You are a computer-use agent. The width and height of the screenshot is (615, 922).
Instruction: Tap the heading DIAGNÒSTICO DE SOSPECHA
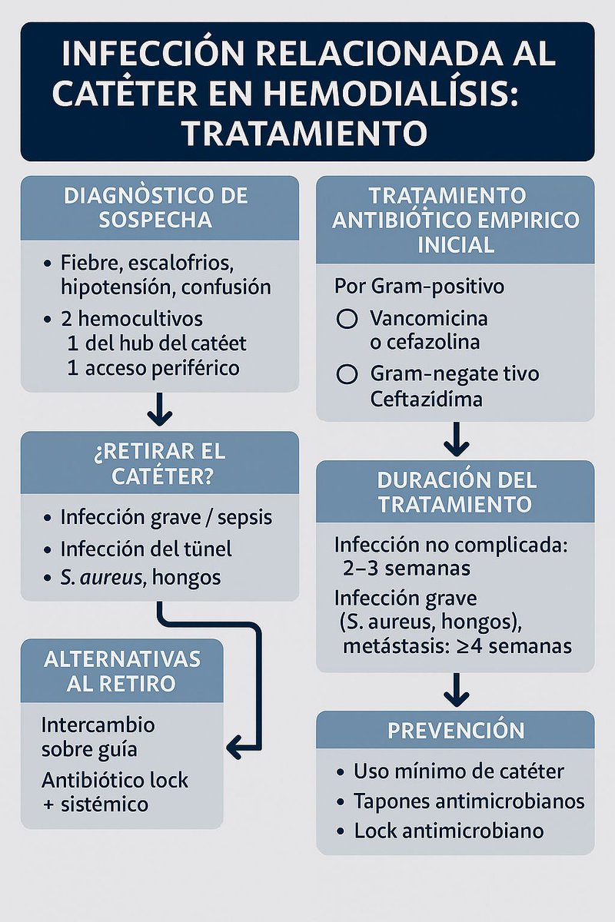pos(160,207)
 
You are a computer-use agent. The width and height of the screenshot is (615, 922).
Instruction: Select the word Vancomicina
pos(428,317)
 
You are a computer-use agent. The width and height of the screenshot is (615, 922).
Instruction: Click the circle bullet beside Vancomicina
pos(347,318)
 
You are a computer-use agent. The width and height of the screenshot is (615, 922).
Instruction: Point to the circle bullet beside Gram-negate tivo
pos(347,374)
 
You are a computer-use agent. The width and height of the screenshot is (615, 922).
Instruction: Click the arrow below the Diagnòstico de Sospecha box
pos(160,409)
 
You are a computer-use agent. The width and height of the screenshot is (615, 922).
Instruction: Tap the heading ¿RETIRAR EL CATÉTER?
pos(160,463)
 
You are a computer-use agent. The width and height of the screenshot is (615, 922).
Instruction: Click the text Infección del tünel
pos(146,549)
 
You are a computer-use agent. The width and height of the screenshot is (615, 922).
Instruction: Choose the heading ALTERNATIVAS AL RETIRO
pos(121,671)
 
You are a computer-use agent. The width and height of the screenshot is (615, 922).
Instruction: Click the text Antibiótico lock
pos(115,781)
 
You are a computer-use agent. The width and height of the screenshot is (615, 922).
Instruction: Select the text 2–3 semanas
pos(407,569)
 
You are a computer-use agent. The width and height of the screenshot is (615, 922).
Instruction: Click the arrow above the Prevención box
pos(456,689)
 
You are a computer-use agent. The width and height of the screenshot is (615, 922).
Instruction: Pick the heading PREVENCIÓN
pos(456,730)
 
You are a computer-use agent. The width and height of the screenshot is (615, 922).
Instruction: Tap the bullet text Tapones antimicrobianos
pos(469,801)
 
